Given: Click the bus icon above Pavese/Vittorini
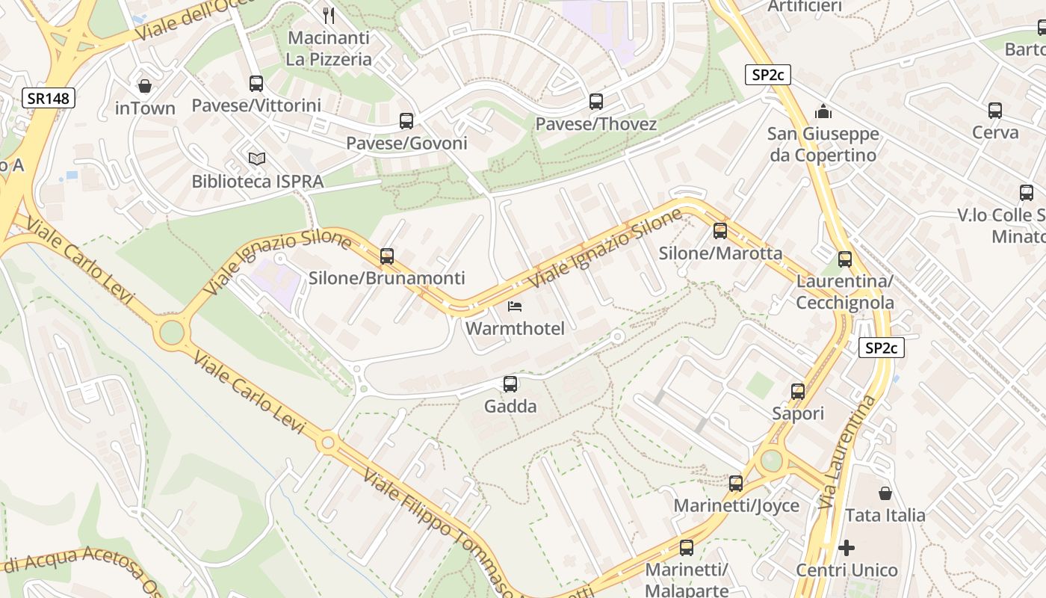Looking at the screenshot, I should point(256,84).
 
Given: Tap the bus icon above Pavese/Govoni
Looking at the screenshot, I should point(406,121).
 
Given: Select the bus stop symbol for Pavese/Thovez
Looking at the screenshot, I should point(596,102).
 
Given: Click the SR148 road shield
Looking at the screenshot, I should point(49,98).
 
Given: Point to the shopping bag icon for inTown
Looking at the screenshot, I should point(145,86).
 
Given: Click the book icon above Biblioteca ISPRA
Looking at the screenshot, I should point(257,158).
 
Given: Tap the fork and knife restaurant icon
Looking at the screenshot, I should point(329,15).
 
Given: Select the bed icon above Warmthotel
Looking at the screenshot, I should point(515,306).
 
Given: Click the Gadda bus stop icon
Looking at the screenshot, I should point(510,384).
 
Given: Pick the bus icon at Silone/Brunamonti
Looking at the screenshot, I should point(387,256).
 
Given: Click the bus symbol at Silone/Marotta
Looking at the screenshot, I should point(720,231).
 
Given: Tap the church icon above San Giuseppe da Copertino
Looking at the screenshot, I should point(823,111).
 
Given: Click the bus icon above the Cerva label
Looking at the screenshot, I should point(995,111).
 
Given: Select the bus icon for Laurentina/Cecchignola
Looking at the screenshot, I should point(845,259).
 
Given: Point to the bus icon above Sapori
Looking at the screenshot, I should point(798,392).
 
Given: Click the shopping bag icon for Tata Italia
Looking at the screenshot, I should point(885,493).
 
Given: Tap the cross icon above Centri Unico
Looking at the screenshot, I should point(847,548).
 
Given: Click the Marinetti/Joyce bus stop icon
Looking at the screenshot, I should point(736,484).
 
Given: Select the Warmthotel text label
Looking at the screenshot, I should point(515,328).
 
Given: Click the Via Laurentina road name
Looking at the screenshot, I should point(847,452).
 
